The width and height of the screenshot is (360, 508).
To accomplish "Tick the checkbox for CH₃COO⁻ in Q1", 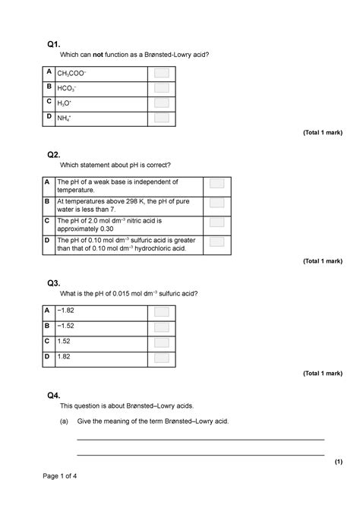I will tap(161, 73).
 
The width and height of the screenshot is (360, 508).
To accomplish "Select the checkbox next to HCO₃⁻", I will tap(161, 88).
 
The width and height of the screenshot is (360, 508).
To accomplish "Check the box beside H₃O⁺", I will tap(161, 103).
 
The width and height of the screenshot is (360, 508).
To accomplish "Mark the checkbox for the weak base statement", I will tap(216, 185).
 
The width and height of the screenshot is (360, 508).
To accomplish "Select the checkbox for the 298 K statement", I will tap(216, 204).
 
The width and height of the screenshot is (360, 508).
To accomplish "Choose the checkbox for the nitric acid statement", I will tap(216, 222).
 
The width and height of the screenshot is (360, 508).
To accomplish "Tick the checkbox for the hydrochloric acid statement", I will tap(216, 241).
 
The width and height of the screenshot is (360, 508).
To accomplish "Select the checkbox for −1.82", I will tap(161, 311).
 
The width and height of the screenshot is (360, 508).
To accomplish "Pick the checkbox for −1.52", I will tap(161, 327).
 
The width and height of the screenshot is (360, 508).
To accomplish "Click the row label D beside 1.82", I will tap(48, 356).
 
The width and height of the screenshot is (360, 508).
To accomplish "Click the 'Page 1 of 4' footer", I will tap(60, 476).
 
